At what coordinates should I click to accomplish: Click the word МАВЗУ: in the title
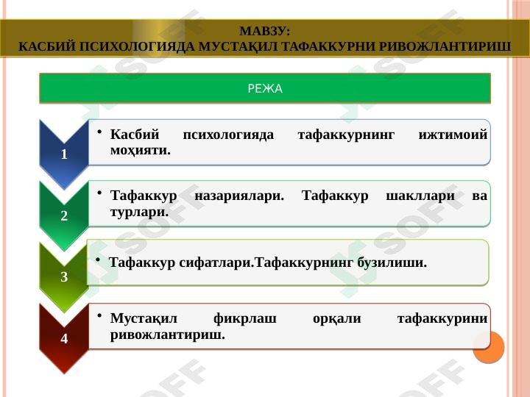click(x=265, y=32)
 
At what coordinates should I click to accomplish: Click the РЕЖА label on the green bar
click(x=265, y=89)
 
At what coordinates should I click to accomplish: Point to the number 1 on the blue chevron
click(x=65, y=155)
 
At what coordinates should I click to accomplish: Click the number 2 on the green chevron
click(x=65, y=217)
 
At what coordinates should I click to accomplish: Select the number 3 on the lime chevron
click(x=65, y=277)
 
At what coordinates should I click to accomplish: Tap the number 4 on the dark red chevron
click(x=65, y=339)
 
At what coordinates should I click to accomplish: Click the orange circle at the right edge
click(x=487, y=346)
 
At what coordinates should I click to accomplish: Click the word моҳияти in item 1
click(x=139, y=150)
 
